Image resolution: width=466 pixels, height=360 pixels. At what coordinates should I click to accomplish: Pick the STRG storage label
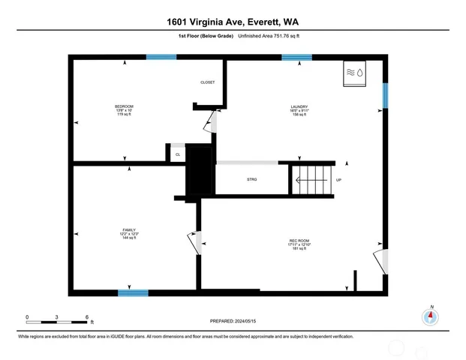click(x=251, y=180)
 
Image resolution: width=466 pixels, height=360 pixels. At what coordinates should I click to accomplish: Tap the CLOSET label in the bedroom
click(x=208, y=82)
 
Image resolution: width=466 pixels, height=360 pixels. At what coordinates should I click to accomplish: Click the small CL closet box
click(x=178, y=154)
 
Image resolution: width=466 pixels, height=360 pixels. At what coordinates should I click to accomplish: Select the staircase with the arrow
click(x=311, y=180)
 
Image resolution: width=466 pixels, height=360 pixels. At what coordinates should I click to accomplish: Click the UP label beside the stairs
click(x=338, y=180)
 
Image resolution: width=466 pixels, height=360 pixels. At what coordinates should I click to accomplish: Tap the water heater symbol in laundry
click(x=353, y=73)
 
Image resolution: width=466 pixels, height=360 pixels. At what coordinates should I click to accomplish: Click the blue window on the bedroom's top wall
click(x=161, y=56)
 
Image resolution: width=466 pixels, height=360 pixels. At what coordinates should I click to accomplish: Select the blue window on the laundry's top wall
click(x=296, y=56)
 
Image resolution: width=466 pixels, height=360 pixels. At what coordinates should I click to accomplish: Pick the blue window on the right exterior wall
click(x=385, y=95)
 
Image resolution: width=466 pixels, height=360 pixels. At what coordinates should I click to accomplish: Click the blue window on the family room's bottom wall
click(x=133, y=292)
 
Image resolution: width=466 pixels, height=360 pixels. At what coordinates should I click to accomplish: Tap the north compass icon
click(x=431, y=316)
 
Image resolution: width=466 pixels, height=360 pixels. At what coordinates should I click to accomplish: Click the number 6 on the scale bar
click(x=88, y=317)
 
